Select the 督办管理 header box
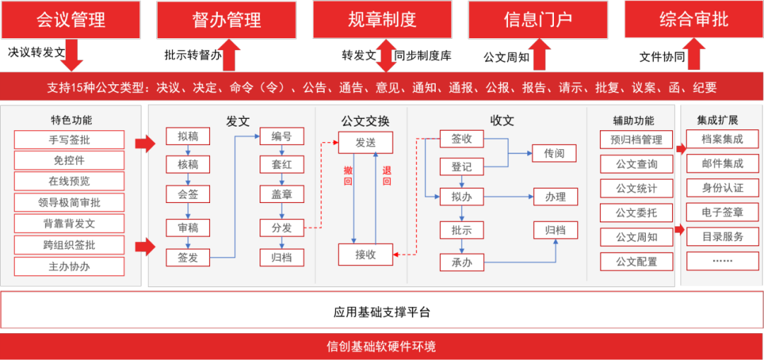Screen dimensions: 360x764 click(226, 19)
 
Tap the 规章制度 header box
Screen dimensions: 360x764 click(382, 19)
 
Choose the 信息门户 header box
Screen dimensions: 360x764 click(538, 19)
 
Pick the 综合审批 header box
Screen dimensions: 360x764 click(693, 19)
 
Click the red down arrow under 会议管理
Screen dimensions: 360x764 click(71, 55)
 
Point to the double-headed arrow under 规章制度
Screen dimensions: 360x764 click(386, 55)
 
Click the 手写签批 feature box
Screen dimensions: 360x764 click(69, 140)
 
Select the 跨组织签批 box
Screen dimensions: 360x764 click(69, 245)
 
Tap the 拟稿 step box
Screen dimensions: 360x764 click(187, 137)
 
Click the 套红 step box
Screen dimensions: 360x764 click(282, 166)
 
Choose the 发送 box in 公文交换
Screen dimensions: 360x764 click(365, 143)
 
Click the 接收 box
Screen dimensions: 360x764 click(365, 255)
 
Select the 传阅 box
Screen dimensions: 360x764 click(555, 153)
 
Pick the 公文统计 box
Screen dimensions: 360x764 click(636, 189)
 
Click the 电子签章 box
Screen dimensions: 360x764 click(722, 212)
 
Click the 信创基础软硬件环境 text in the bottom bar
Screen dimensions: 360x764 click(381, 347)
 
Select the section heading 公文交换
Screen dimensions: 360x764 click(365, 121)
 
